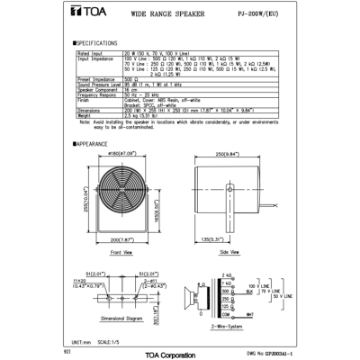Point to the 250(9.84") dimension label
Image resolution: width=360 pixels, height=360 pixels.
coord(237,154)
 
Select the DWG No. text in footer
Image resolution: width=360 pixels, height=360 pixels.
coord(265,354)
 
